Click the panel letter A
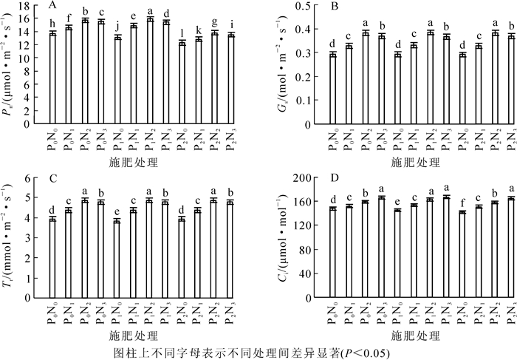(52, 6)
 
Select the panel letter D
(312, 178)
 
